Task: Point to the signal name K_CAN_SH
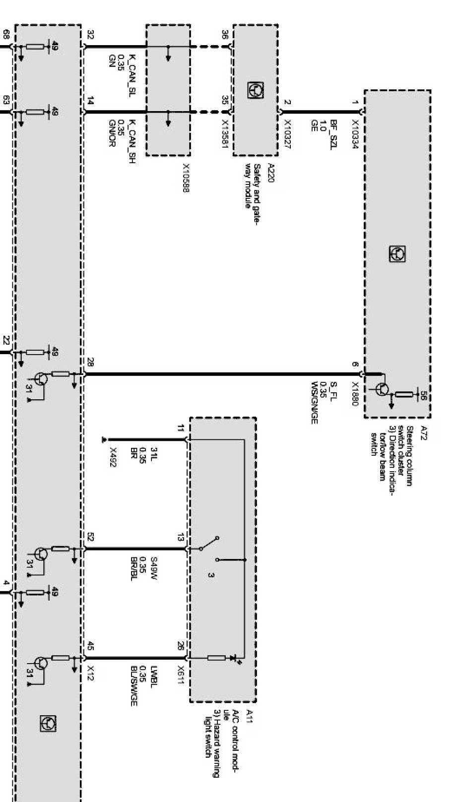[132, 141]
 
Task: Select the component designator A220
[270, 174]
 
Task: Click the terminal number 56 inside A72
[423, 394]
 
